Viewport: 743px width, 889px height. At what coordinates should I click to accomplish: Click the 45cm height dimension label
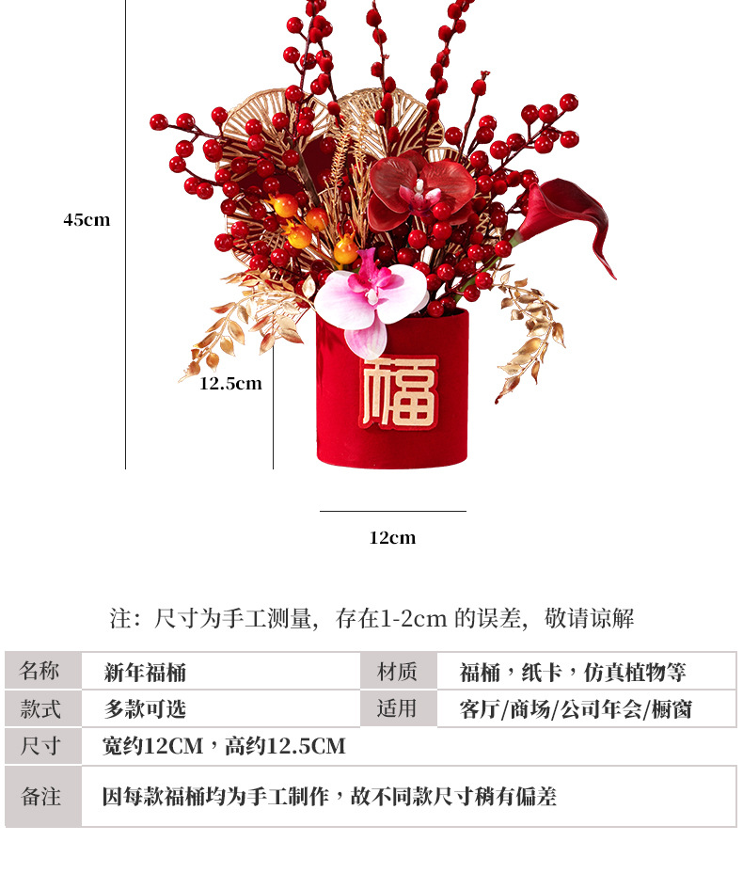coord(87,220)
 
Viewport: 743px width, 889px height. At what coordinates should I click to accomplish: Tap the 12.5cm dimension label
coord(230,384)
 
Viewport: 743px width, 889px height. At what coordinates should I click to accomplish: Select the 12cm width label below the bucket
coord(392,538)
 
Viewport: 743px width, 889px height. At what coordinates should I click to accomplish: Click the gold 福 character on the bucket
coord(400,391)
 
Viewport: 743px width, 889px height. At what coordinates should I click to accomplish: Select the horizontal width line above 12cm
coord(392,512)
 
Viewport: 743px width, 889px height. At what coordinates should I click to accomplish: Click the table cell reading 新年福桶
coord(145,672)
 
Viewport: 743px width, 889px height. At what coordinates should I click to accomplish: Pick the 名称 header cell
coord(42,671)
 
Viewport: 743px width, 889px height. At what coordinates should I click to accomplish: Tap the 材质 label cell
coord(398,671)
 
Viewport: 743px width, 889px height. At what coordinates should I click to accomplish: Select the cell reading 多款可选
coord(145,708)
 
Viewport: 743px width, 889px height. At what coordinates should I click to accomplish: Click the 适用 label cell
coord(398,708)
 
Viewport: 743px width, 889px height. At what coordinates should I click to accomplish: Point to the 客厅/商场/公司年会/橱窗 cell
coord(576,709)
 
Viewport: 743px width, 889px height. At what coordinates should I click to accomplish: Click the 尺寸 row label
coord(42,746)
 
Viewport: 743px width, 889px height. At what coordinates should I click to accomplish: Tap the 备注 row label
coord(42,796)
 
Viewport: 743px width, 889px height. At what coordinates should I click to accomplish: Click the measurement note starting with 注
coord(371,618)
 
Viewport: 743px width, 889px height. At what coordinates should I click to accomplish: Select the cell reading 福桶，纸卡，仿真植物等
coord(573,672)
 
